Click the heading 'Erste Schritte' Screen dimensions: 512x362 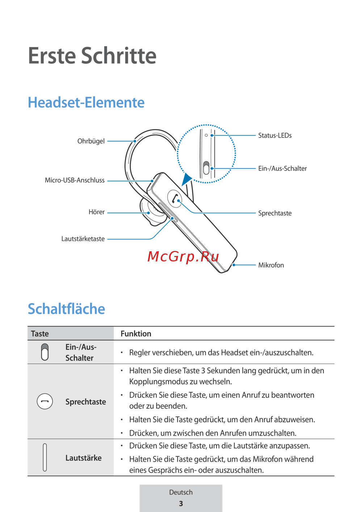[x=92, y=56]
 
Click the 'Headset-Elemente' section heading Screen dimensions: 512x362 [x=86, y=102]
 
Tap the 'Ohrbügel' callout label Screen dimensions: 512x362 [x=91, y=141]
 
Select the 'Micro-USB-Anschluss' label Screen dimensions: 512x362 [x=75, y=180]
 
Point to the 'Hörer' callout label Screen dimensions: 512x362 [x=97, y=212]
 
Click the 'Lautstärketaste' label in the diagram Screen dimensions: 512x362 [x=83, y=239]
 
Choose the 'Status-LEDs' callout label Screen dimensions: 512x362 [x=275, y=135]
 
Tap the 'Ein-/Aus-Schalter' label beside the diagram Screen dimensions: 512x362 [x=282, y=168]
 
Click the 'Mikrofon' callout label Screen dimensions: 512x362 [x=271, y=265]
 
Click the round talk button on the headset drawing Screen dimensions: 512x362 [x=175, y=198]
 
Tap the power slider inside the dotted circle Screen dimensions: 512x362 [x=206, y=168]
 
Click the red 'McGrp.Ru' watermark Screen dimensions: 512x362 [x=183, y=256]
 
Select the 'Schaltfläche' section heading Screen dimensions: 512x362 [x=67, y=309]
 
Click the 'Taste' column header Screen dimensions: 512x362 [x=40, y=333]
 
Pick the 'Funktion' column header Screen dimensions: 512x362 [x=136, y=333]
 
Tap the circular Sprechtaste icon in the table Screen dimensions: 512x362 [x=45, y=401]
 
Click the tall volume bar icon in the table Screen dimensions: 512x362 [x=45, y=457]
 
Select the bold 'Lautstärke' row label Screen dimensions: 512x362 [x=83, y=458]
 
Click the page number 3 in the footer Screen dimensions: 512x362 [x=181, y=503]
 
